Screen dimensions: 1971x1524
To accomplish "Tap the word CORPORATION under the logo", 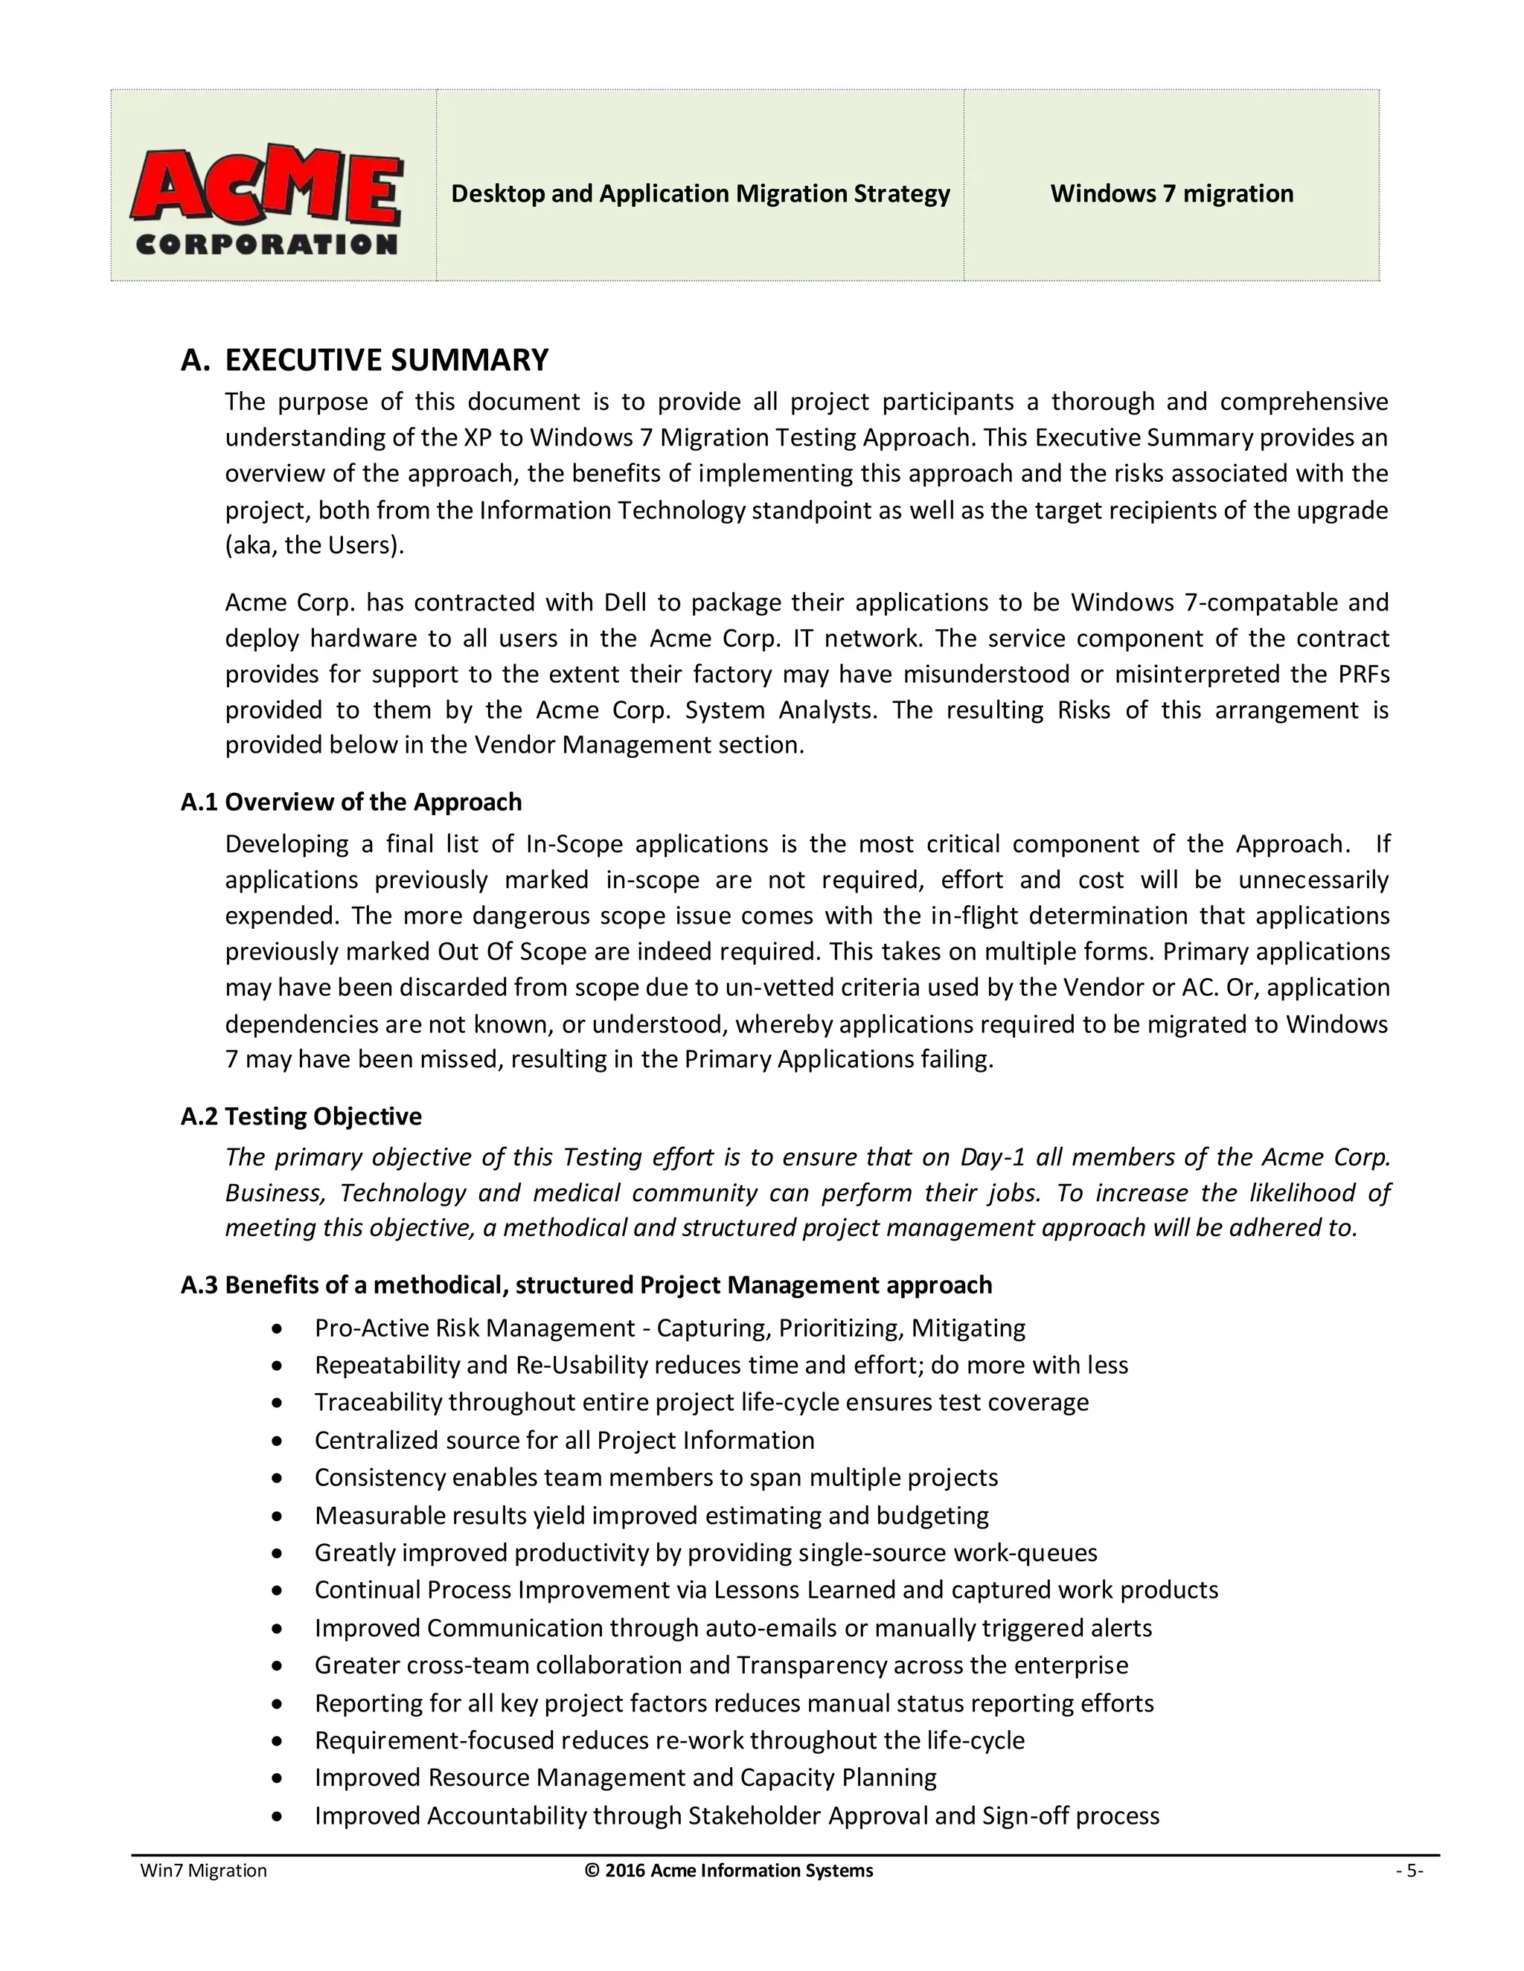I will pyautogui.click(x=266, y=244).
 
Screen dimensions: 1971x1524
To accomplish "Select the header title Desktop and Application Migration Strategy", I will pyautogui.click(x=699, y=194).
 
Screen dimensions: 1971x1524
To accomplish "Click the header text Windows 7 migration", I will pyautogui.click(x=1171, y=194).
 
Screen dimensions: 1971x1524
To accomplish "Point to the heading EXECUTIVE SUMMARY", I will pyautogui.click(x=385, y=360).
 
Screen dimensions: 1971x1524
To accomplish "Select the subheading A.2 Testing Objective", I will pyautogui.click(x=301, y=1116).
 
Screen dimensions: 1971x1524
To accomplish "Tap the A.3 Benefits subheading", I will pyautogui.click(x=586, y=1284).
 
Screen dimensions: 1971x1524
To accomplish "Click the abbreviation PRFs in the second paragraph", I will pyautogui.click(x=1364, y=674).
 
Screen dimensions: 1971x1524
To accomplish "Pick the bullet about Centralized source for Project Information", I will pyautogui.click(x=564, y=1441).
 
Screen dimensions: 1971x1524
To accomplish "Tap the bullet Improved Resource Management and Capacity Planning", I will pyautogui.click(x=625, y=1778).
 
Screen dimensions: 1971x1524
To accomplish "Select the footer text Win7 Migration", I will pyautogui.click(x=203, y=1871).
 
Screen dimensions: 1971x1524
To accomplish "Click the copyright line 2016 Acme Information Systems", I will pyautogui.click(x=729, y=1871).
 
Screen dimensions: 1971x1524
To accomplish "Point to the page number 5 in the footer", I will pyautogui.click(x=1409, y=1871).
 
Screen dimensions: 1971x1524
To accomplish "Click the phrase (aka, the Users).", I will pyautogui.click(x=314, y=546).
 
